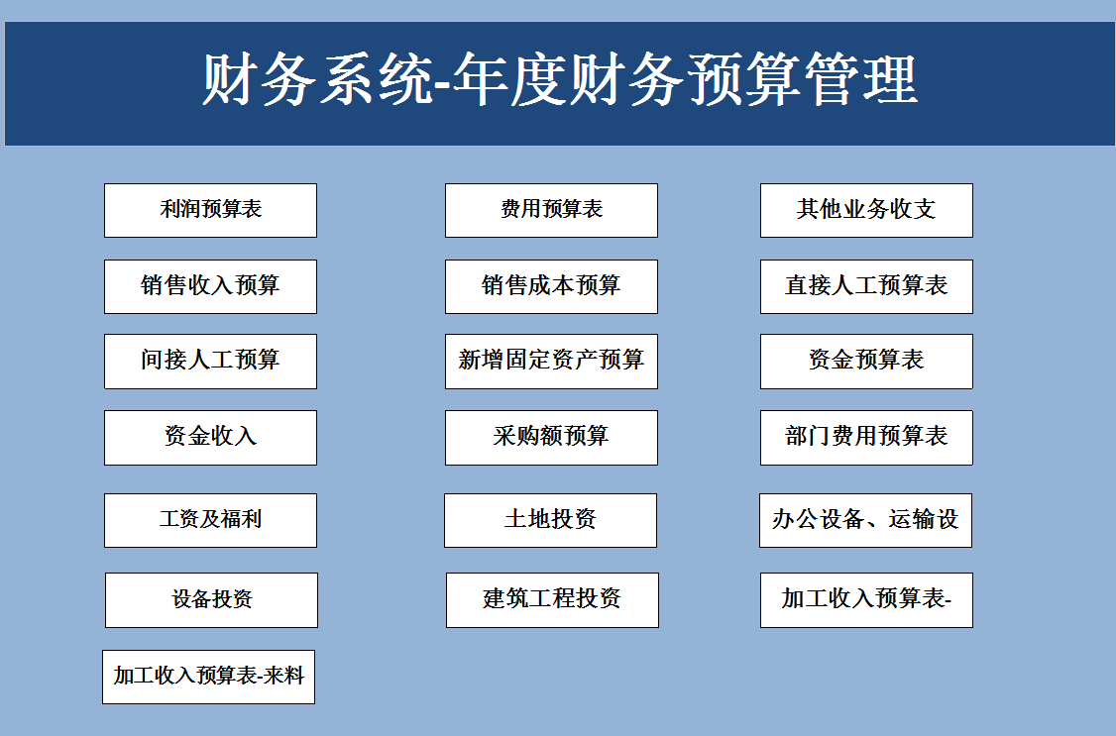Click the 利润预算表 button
(210, 210)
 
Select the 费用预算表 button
(551, 210)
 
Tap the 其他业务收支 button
(866, 210)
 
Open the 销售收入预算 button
(210, 286)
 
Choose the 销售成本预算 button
(551, 286)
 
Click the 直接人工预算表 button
(866, 286)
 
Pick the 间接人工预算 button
(210, 361)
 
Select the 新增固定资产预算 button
(551, 361)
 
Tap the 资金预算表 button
(866, 361)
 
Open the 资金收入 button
(210, 437)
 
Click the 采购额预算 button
(551, 437)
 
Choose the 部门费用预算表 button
(866, 437)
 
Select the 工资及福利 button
(210, 520)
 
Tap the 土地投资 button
(550, 520)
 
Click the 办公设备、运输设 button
(865, 520)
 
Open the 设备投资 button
(211, 599)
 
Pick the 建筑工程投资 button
(552, 599)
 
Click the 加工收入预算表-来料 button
(208, 677)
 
